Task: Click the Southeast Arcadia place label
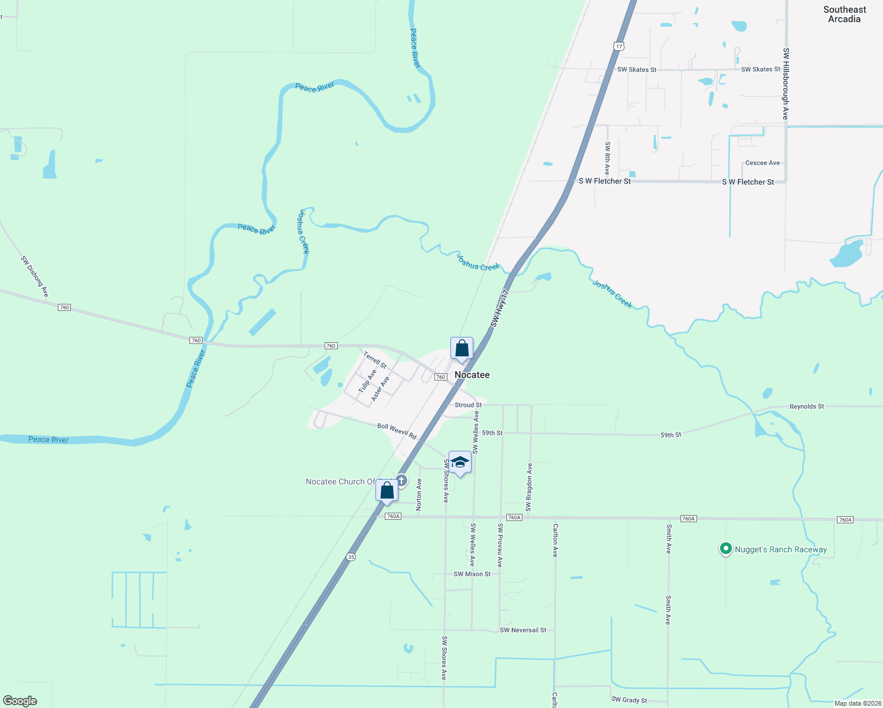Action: [845, 14]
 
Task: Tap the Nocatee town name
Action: [472, 375]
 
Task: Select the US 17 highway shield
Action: [618, 46]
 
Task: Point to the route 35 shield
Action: [351, 556]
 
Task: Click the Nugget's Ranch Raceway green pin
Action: [725, 549]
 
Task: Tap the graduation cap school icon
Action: [460, 463]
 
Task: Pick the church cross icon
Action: [401, 480]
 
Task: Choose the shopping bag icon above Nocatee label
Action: [462, 349]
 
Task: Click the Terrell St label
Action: [375, 360]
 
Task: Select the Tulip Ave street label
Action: [367, 382]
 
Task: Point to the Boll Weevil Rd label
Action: [397, 431]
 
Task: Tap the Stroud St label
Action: [468, 405]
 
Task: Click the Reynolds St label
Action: [806, 407]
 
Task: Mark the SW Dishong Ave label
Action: [34, 276]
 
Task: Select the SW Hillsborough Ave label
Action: [786, 84]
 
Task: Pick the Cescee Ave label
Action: [762, 163]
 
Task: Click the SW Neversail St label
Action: [523, 630]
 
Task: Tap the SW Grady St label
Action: [629, 700]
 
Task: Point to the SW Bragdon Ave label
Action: [529, 487]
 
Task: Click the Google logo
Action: [20, 701]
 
